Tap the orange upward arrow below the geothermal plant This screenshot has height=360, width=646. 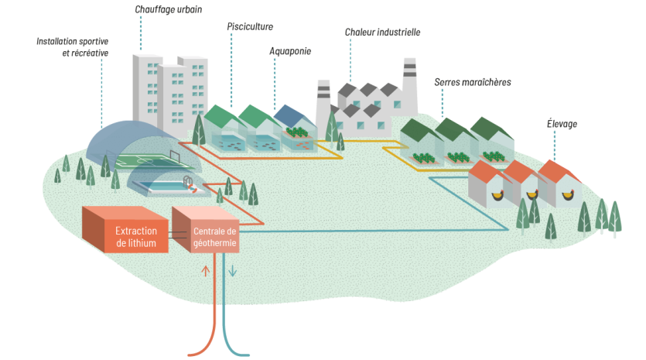point(205,271)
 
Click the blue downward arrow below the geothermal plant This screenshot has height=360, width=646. point(231,271)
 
